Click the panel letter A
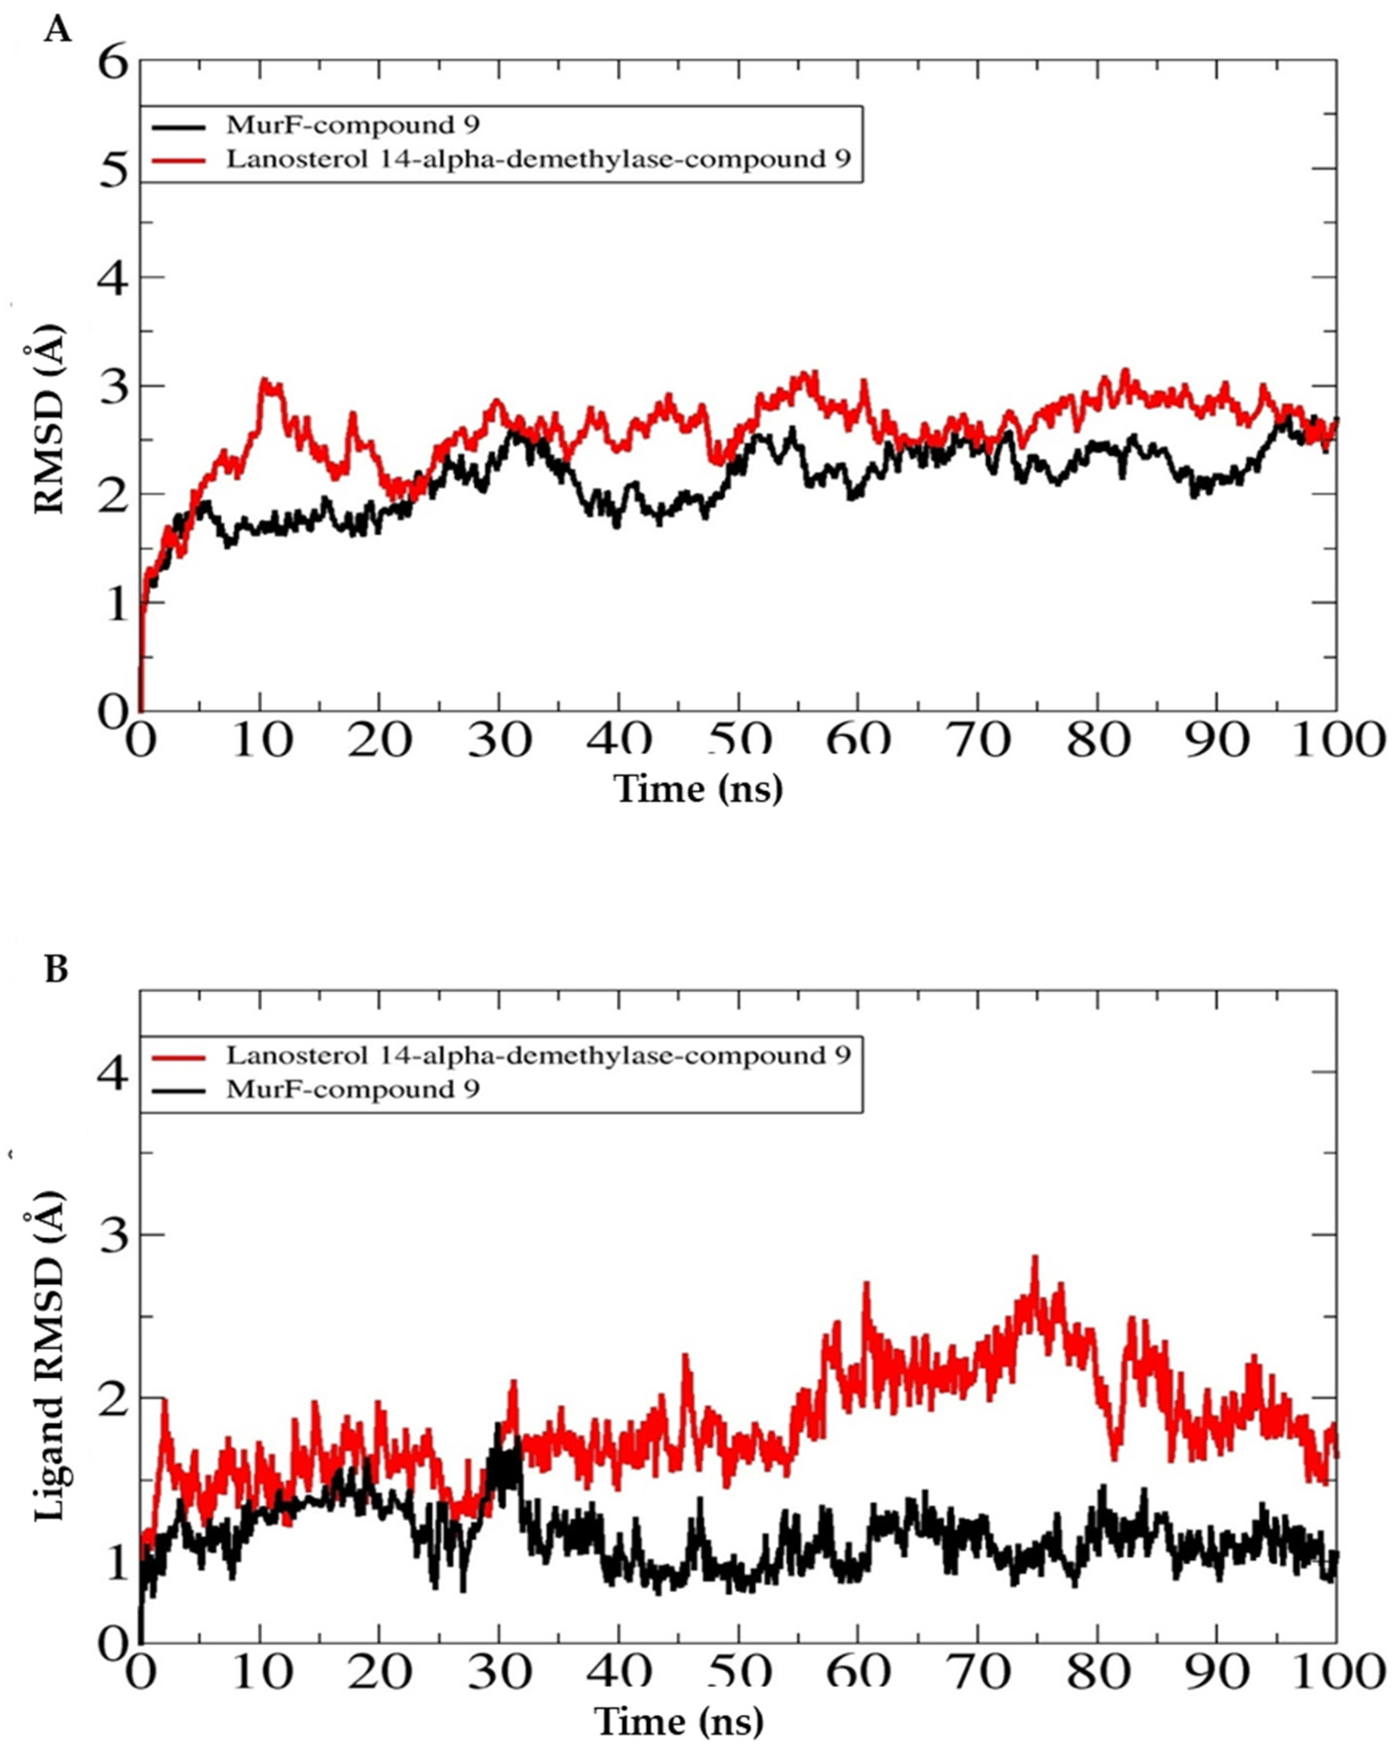coord(57,31)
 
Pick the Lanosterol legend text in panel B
coord(538,1055)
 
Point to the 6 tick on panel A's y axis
coord(113,62)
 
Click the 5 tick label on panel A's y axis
coord(113,171)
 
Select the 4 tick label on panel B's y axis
coord(113,1074)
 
